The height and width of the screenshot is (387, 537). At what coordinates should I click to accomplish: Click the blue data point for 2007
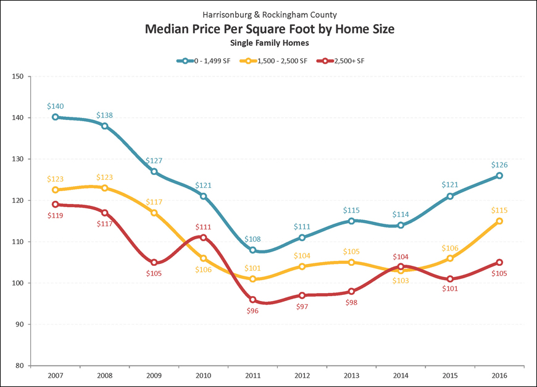[56, 117]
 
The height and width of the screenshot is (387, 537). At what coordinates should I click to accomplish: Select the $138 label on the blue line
[105, 116]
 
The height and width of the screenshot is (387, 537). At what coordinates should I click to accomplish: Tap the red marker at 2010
[204, 237]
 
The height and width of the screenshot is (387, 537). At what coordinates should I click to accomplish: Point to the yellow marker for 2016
[499, 221]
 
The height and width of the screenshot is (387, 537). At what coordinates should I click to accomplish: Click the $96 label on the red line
[252, 310]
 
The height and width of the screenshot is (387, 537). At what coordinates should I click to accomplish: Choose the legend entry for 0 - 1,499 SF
[206, 61]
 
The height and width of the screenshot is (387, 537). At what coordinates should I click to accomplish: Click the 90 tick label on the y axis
[19, 324]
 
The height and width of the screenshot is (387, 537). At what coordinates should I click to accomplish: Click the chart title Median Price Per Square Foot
[269, 29]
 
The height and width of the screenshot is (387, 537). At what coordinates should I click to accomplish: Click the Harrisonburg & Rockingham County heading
[269, 14]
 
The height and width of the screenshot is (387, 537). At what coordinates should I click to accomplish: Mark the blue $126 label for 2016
[499, 165]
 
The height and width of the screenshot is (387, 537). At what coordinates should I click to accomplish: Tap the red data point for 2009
[154, 262]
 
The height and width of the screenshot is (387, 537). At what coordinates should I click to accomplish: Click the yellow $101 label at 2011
[252, 268]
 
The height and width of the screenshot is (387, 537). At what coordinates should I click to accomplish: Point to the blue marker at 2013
[351, 221]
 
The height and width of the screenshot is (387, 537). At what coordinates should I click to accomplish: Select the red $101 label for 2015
[450, 289]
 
